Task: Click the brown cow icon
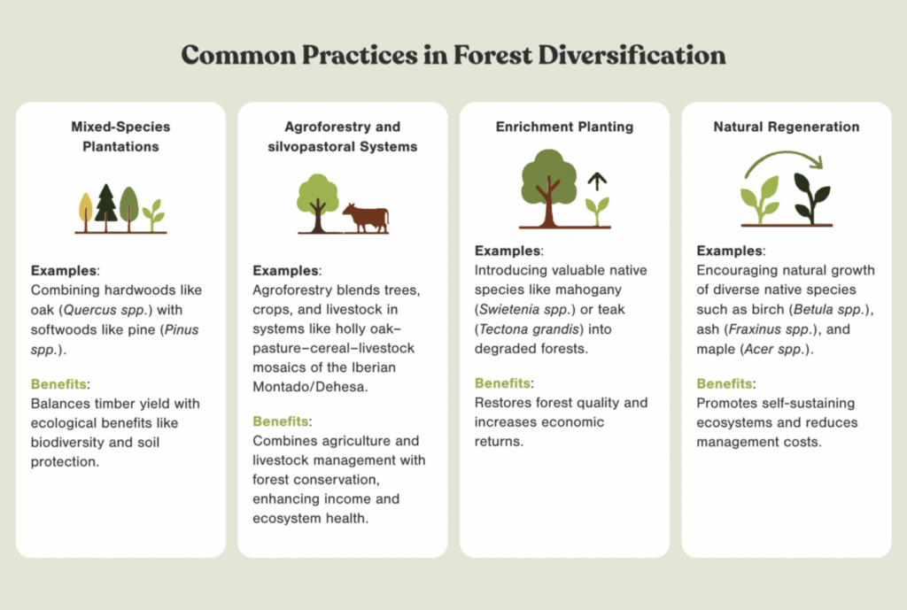coord(366,218)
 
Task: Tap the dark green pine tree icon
coord(106,206)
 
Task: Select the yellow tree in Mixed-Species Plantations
coord(86,212)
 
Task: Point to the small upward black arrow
coord(597,181)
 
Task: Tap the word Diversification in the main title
coord(632,56)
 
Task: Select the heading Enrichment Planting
coord(564,127)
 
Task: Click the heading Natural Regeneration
coord(787,127)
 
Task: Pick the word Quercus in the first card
coord(89,310)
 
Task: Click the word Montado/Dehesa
coord(309,387)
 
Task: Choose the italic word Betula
coord(812,309)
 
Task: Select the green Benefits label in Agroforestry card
coord(281,421)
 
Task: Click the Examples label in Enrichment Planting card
coord(508,251)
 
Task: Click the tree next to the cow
coord(317,203)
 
